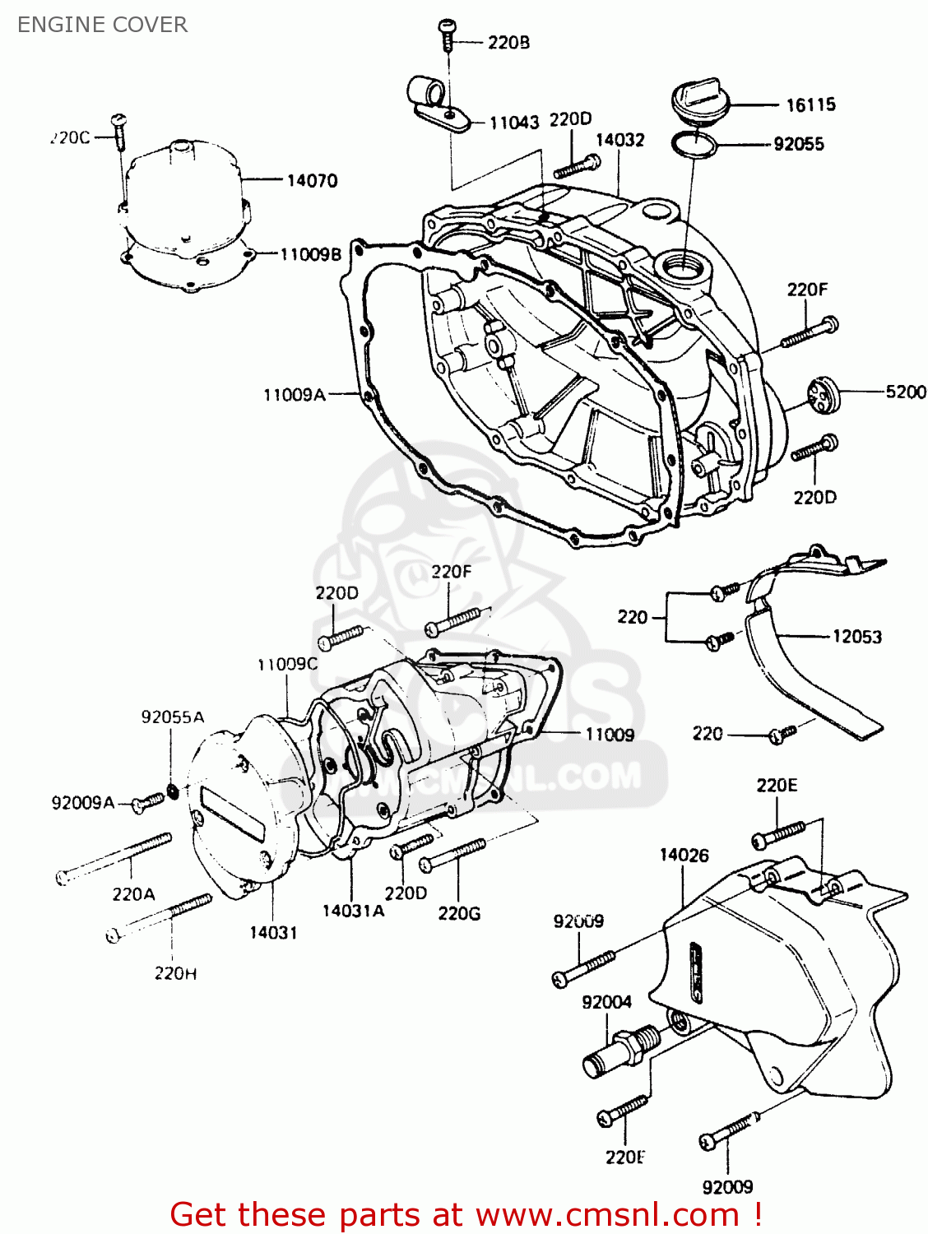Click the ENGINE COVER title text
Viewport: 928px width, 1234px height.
[102, 25]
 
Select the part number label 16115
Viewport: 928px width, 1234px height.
[810, 104]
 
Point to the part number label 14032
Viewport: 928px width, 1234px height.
[619, 140]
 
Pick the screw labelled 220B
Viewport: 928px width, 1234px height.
[447, 35]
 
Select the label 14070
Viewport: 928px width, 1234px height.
[312, 180]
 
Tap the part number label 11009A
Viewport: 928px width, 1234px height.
[294, 395]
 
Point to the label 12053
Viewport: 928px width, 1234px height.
[856, 636]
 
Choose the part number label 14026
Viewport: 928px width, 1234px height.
[683, 856]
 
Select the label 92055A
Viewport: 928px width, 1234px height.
[173, 717]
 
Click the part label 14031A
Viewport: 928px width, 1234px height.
[353, 910]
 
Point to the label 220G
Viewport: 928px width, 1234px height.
[459, 913]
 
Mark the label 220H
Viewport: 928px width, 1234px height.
[175, 973]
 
